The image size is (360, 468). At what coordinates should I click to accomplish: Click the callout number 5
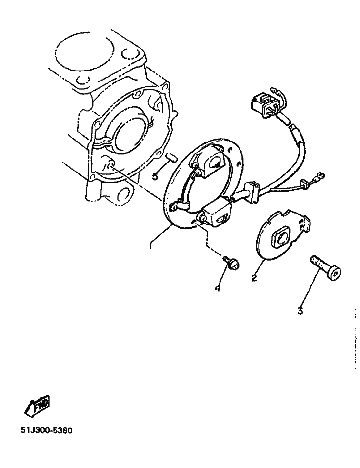click(x=155, y=176)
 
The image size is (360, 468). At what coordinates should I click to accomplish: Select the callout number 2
click(x=254, y=278)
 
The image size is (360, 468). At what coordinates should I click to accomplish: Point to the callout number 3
click(x=300, y=311)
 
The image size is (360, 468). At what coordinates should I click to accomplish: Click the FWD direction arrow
click(x=37, y=406)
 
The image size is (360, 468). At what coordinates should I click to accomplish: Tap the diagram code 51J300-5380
click(x=47, y=431)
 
